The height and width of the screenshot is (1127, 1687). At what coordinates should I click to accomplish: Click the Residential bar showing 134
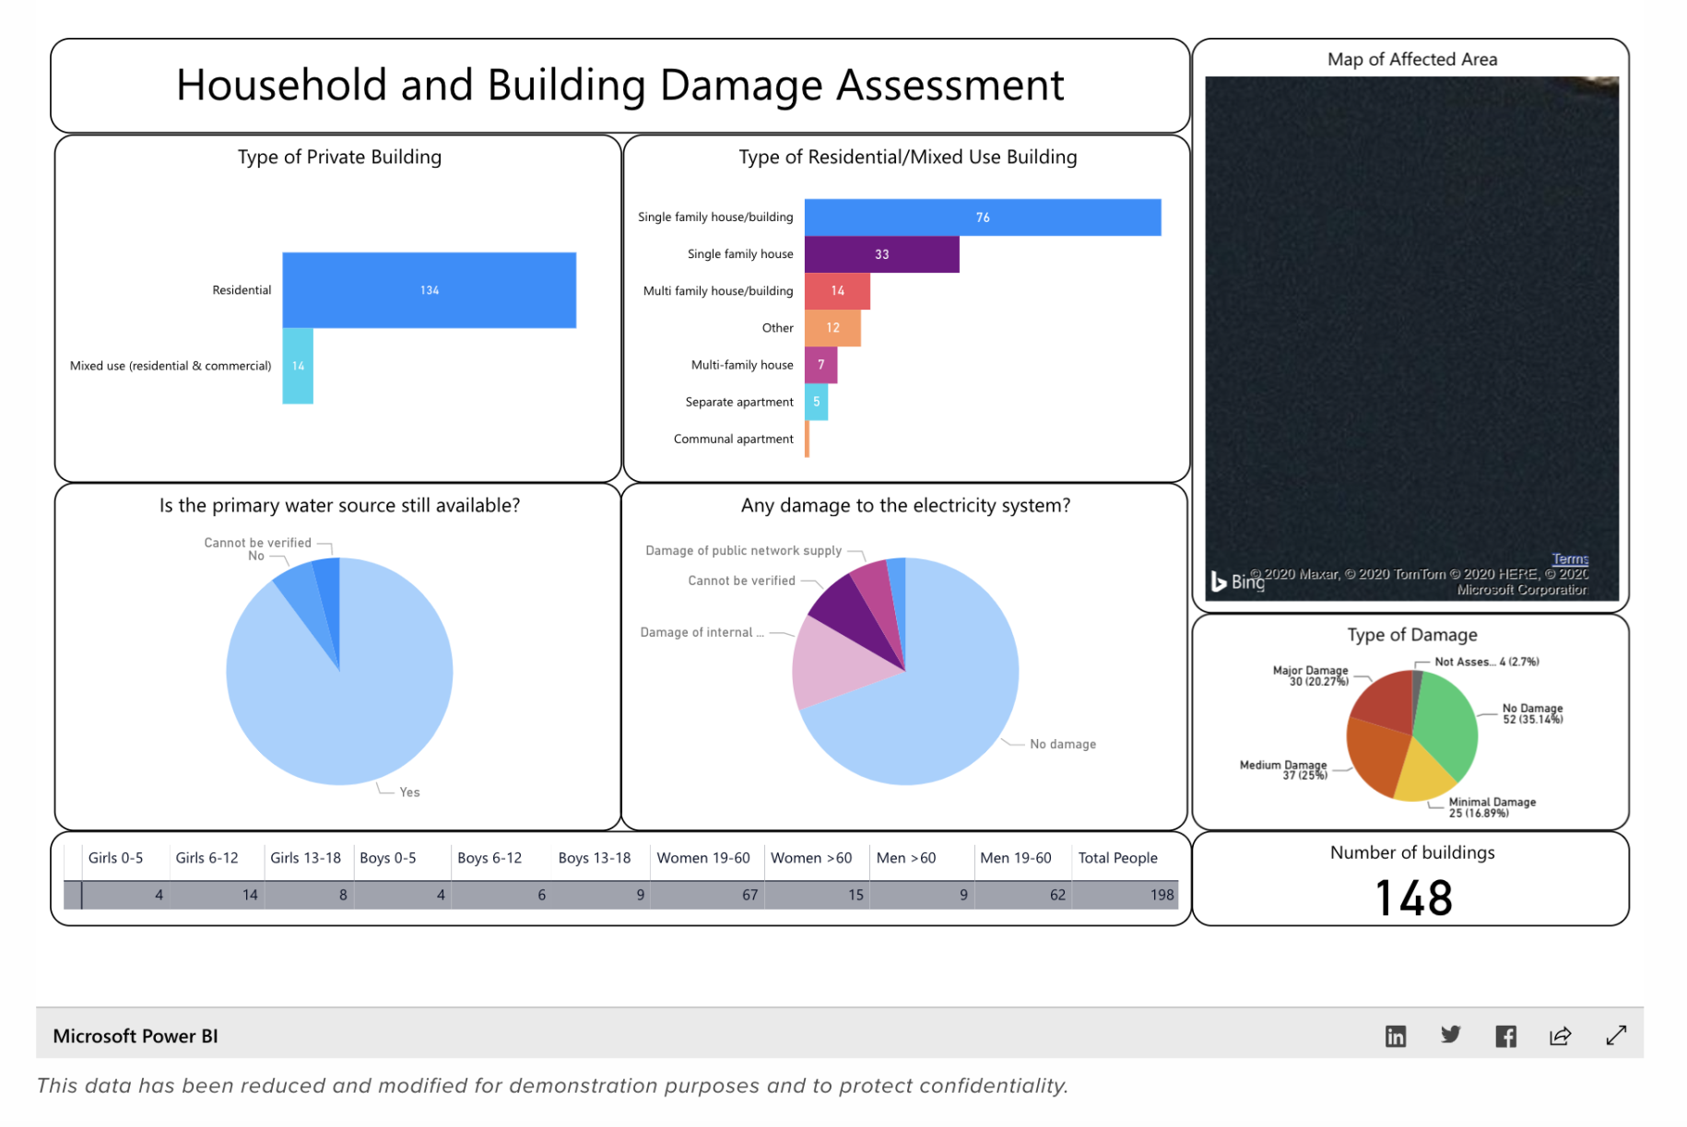click(429, 290)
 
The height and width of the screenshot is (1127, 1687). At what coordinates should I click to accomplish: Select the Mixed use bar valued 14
click(298, 366)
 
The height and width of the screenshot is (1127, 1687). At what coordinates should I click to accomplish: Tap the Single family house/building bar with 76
click(982, 217)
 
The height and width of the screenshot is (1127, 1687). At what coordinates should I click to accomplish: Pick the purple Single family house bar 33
click(881, 254)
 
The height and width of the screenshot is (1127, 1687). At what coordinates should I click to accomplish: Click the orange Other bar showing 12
click(832, 328)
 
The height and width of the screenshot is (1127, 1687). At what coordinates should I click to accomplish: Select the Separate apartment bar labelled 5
click(816, 402)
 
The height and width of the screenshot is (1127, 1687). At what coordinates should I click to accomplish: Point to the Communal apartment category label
click(733, 440)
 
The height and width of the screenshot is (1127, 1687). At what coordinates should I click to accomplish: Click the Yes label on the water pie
click(409, 792)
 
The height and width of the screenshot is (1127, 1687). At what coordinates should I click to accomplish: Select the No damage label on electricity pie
click(1062, 745)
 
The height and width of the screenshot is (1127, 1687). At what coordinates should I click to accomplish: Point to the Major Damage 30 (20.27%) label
click(1312, 675)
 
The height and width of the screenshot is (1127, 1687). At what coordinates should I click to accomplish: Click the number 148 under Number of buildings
click(1412, 898)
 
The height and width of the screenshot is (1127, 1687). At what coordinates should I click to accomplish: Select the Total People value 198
click(1161, 895)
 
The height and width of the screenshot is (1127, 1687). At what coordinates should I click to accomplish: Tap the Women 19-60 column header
click(702, 858)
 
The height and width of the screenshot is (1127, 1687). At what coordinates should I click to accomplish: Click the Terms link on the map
click(1569, 559)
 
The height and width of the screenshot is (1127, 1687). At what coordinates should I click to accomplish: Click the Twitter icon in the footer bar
click(1450, 1035)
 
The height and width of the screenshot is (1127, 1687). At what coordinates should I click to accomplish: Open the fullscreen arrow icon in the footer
click(1615, 1036)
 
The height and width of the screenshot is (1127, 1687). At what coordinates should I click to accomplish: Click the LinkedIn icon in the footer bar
click(1396, 1036)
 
